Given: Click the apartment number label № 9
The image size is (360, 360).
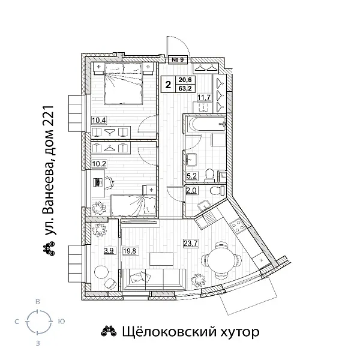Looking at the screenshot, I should pos(177,59).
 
